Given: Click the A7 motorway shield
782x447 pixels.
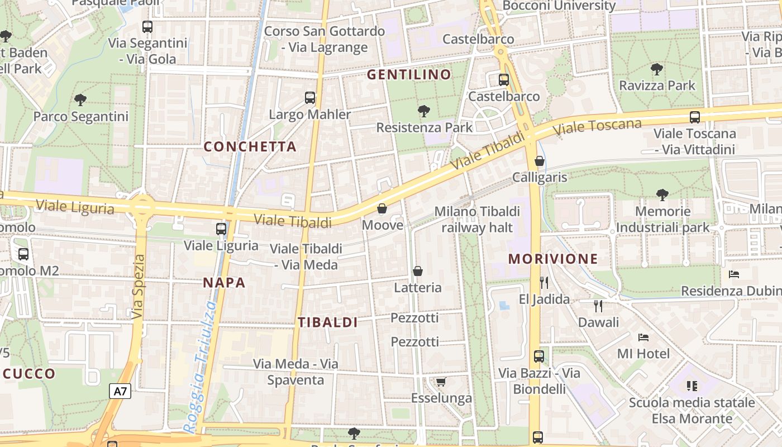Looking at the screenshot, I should click(120, 391).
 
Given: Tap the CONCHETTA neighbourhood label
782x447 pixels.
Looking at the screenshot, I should click(250, 146).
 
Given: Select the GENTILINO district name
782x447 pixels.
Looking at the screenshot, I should click(409, 74).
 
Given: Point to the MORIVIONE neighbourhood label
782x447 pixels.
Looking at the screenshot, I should click(553, 259).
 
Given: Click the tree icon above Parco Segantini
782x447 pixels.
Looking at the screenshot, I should click(80, 100).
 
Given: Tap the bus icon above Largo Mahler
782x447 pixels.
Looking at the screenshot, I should click(310, 98).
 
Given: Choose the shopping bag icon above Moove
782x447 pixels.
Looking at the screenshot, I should click(382, 208).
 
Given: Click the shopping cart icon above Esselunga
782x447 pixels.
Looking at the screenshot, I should click(441, 382).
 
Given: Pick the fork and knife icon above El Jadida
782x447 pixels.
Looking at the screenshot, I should click(544, 282).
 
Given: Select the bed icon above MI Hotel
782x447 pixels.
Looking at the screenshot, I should click(643, 337).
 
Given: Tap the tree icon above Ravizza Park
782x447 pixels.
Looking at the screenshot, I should click(657, 69).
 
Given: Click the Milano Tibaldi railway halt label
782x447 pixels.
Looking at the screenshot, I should click(477, 219).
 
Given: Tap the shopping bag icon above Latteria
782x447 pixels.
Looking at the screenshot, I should click(417, 271).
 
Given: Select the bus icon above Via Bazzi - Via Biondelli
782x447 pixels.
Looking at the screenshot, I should click(539, 356).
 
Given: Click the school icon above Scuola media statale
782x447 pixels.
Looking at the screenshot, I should click(692, 386).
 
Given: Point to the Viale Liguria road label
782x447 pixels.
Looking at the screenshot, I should click(75, 207).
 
